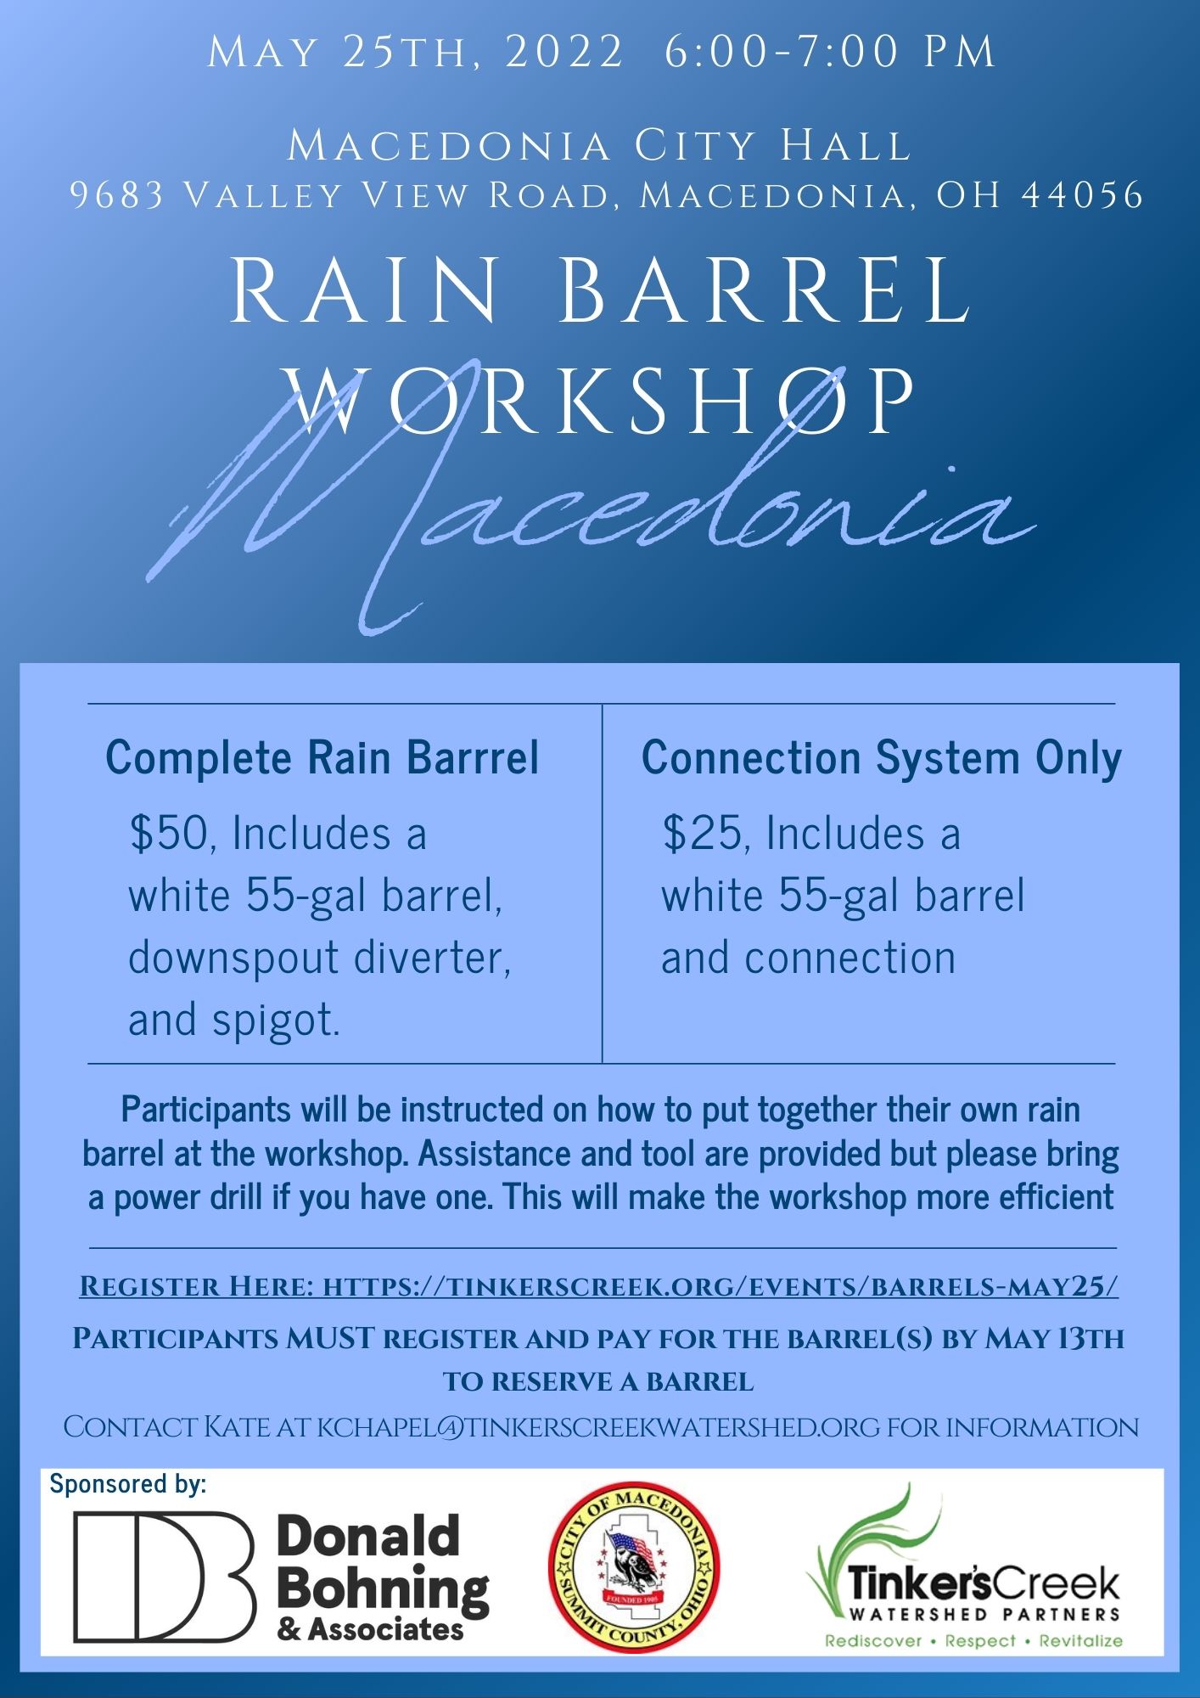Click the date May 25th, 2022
[415, 53]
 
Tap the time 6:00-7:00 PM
[830, 53]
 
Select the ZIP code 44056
[1084, 195]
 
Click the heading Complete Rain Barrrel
[322, 757]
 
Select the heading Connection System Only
[882, 757]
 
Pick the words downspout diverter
[319, 958]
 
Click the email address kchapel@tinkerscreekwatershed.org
[598, 1427]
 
